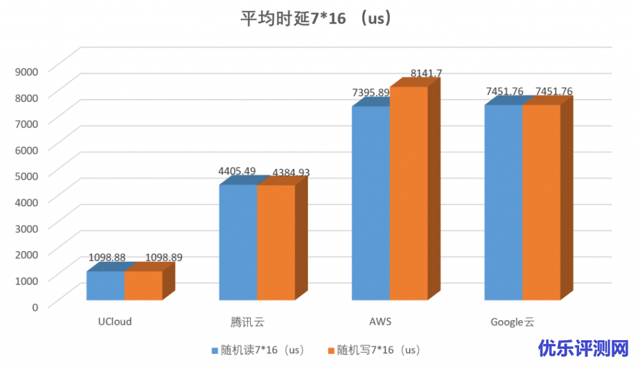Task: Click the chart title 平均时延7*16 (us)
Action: [317, 19]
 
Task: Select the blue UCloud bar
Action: [105, 285]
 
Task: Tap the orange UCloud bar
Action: [143, 285]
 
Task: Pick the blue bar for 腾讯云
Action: [238, 243]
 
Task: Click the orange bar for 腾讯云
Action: [276, 243]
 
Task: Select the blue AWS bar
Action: [371, 203]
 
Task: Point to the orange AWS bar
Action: [409, 193]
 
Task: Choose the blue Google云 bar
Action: [503, 202]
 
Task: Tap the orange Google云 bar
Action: [541, 202]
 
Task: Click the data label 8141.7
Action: [426, 73]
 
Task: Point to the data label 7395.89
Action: [371, 93]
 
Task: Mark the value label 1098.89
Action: [164, 257]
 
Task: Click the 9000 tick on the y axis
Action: [27, 71]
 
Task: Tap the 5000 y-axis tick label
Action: [27, 175]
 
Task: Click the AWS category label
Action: [380, 321]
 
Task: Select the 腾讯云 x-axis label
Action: [247, 322]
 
